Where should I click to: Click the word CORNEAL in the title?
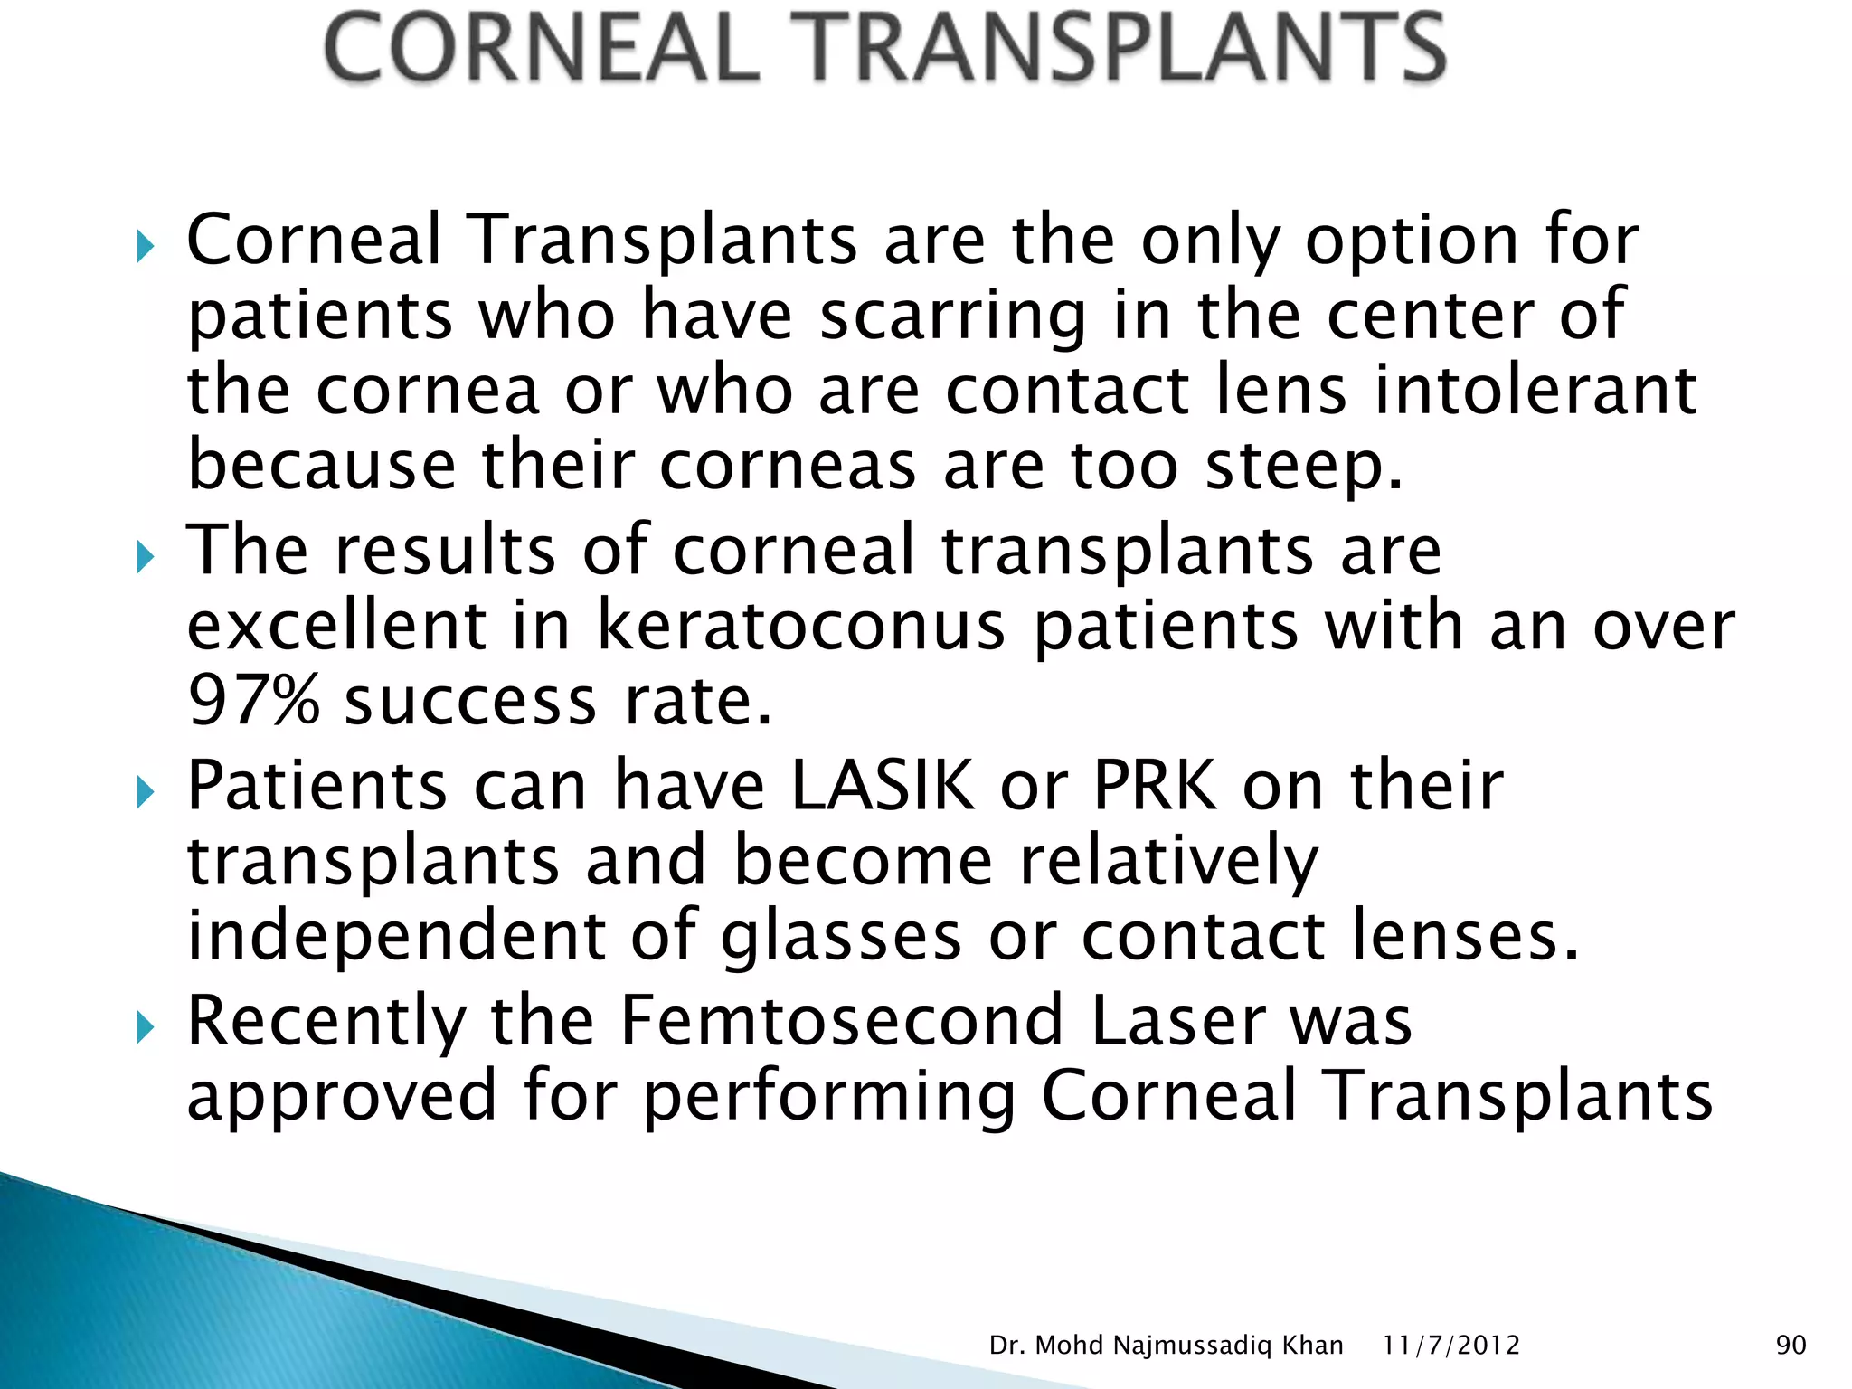point(541,49)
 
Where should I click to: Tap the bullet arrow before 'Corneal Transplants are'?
point(146,246)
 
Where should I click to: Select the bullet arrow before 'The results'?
point(146,556)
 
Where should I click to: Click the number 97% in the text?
point(254,701)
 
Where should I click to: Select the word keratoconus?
point(800,626)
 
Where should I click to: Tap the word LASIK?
point(883,786)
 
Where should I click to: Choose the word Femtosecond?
point(842,1021)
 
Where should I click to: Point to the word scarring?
point(952,317)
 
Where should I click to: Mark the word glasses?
point(841,937)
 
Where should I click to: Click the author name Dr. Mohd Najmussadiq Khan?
point(1166,1346)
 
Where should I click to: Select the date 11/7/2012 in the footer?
point(1450,1346)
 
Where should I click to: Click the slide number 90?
point(1791,1346)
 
